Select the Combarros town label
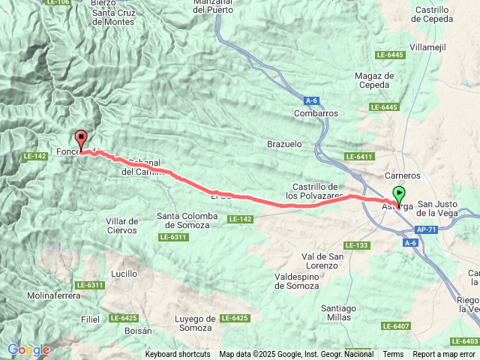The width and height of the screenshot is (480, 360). [316, 113]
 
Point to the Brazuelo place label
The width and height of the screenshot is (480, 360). [284, 142]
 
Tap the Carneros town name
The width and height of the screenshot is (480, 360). [406, 175]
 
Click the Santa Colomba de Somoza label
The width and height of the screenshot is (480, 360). [187, 220]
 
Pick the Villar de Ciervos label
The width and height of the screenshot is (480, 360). [122, 226]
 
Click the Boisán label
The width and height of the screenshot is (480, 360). [137, 330]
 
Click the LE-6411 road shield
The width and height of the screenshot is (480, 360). [360, 156]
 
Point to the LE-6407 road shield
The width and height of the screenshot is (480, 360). [396, 325]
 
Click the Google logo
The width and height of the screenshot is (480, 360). [28, 349]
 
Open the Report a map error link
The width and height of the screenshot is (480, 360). [445, 354]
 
